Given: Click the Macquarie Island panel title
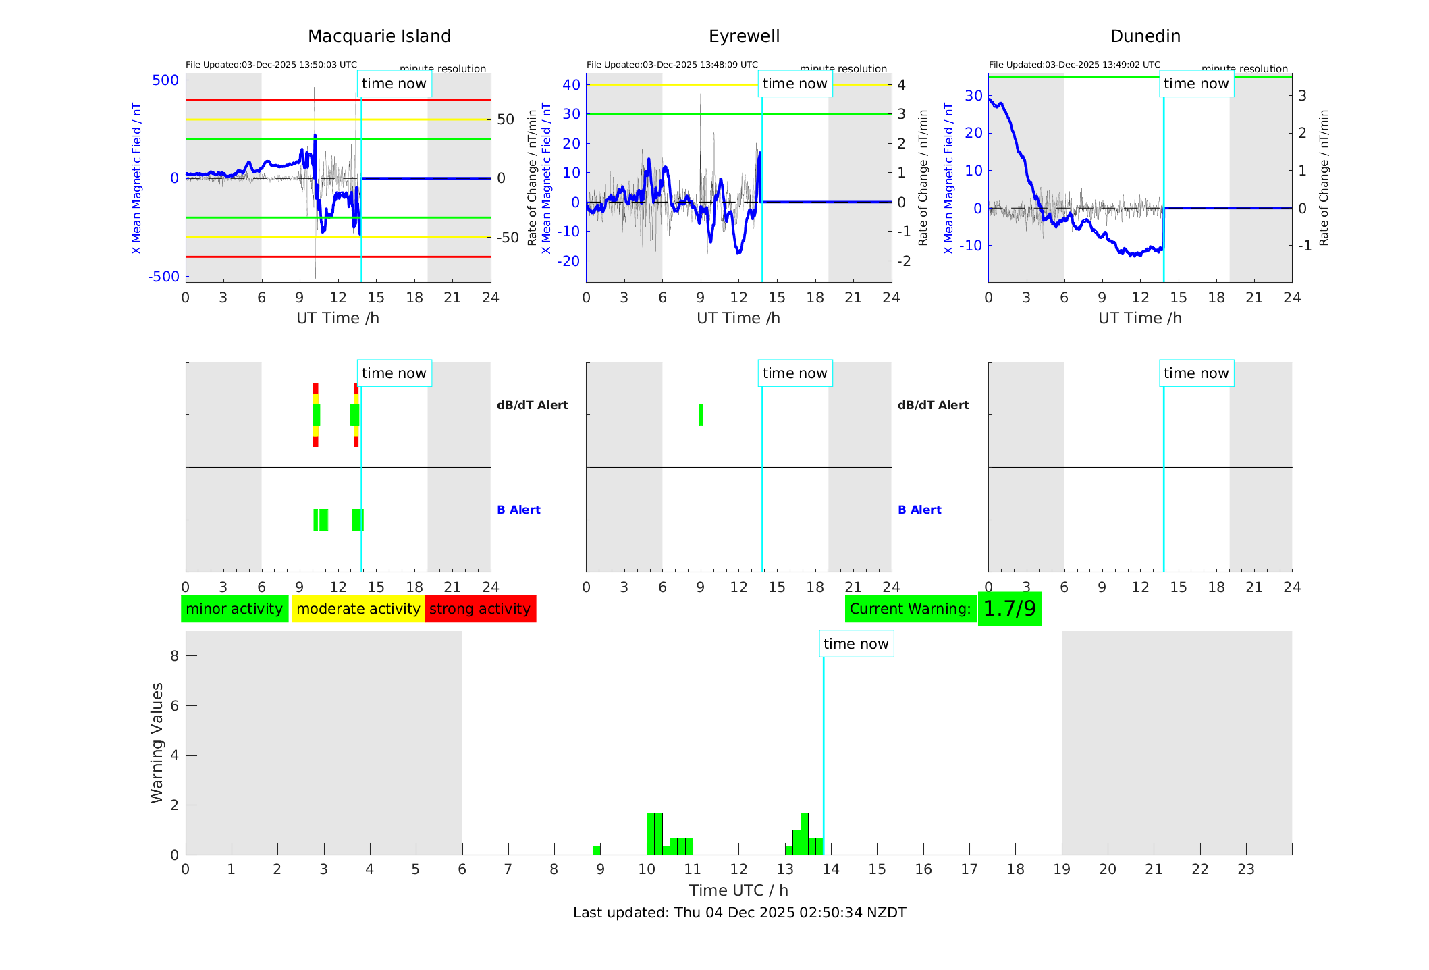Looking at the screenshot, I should [379, 36].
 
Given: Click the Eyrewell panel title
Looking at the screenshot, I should [744, 36].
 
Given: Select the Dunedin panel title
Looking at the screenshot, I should [1145, 36].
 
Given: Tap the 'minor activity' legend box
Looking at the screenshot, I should [234, 609].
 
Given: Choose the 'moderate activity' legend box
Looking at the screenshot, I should [358, 609].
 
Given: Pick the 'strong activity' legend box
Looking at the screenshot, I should [480, 609].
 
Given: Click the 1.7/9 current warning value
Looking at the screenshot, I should [1009, 609].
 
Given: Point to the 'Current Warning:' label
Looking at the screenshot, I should [910, 609].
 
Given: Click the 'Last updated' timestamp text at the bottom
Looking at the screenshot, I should [739, 913].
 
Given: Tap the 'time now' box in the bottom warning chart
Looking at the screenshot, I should [856, 644].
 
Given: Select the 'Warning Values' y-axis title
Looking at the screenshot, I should [157, 743].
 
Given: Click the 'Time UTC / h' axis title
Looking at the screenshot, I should [738, 890].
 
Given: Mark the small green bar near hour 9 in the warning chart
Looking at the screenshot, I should [597, 850].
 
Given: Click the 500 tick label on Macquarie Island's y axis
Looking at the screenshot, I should [165, 80].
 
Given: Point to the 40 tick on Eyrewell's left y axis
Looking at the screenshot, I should [571, 84].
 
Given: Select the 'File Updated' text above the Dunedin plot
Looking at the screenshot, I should [1074, 65].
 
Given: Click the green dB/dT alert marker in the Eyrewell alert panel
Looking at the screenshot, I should [701, 415].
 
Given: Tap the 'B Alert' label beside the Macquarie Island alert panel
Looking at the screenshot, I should [518, 510].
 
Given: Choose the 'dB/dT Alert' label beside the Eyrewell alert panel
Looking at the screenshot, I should [933, 405].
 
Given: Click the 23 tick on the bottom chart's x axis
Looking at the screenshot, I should [1245, 869].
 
